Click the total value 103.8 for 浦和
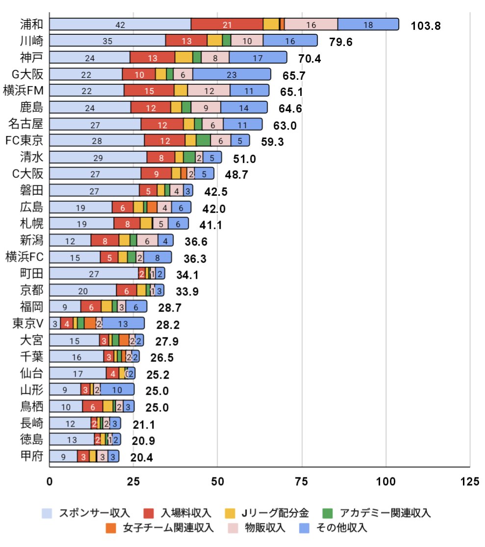tap(426, 25)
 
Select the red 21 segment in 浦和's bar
tap(227, 24)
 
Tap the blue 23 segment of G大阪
tap(231, 74)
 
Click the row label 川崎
tap(31, 41)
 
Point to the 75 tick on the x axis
tap(302, 482)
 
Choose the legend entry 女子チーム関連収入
tap(160, 528)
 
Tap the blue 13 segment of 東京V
tap(123, 323)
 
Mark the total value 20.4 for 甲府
tap(142, 458)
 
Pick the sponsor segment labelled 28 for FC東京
tap(97, 141)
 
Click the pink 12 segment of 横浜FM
tap(209, 91)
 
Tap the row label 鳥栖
tap(31, 406)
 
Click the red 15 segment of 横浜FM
tap(149, 91)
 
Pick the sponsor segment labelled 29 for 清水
tap(98, 157)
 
